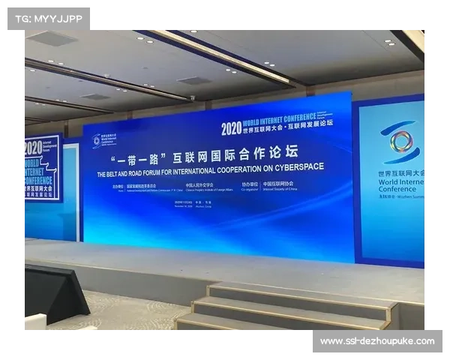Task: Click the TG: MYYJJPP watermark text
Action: point(48,19)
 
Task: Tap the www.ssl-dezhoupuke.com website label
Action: point(377,341)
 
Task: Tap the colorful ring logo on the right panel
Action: point(401,141)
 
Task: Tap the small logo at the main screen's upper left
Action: point(96,140)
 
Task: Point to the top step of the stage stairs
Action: point(300,294)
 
